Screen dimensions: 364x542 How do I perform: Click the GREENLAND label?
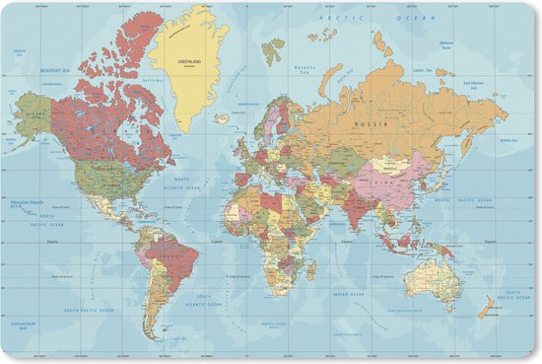click(x=189, y=61)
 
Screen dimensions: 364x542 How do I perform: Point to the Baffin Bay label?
click(x=152, y=80)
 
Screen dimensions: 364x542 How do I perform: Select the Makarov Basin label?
click(x=446, y=44)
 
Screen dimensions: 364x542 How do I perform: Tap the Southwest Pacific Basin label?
click(x=25, y=326)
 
